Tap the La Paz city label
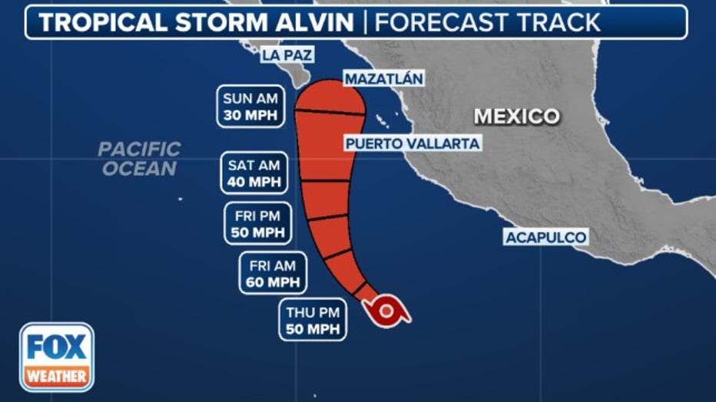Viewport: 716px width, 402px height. [x=287, y=55]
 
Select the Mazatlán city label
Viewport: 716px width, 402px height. [x=383, y=79]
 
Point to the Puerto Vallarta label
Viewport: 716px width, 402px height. [x=412, y=143]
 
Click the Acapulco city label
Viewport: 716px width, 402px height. [x=545, y=237]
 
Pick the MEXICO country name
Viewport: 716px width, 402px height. [x=516, y=117]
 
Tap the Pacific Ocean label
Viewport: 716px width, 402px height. [x=139, y=159]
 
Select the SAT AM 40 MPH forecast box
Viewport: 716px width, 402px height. [x=255, y=173]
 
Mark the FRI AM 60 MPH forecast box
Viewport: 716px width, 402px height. [x=273, y=272]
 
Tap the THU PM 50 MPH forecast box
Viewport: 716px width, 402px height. [x=313, y=320]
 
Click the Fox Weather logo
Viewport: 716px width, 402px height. [x=57, y=357]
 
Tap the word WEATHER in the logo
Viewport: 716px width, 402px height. [x=57, y=377]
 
